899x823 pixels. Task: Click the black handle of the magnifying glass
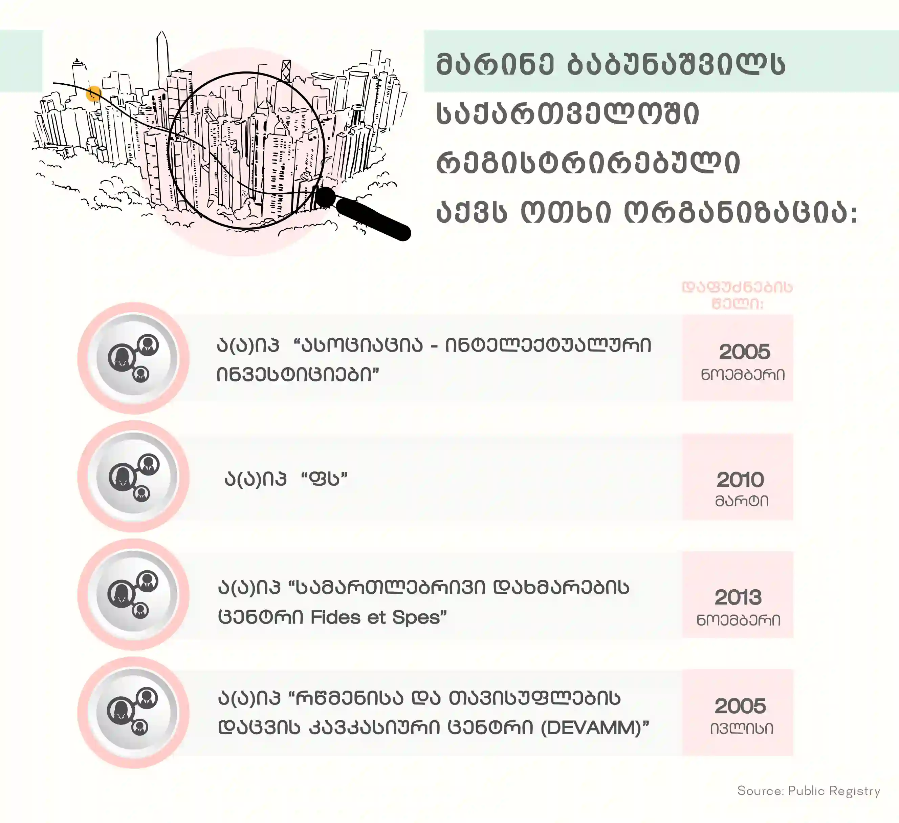tap(372, 219)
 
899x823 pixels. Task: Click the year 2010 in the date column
tap(740, 480)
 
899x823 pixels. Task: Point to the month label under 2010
tap(742, 501)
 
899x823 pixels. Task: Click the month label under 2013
tap(739, 620)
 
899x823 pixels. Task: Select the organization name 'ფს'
tap(324, 479)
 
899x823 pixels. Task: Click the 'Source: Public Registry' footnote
tap(809, 791)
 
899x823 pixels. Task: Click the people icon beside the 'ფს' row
tap(134, 477)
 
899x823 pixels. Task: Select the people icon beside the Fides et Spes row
tap(134, 594)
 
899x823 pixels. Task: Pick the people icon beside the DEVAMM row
tap(134, 712)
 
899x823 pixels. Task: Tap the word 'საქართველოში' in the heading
tap(567, 114)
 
